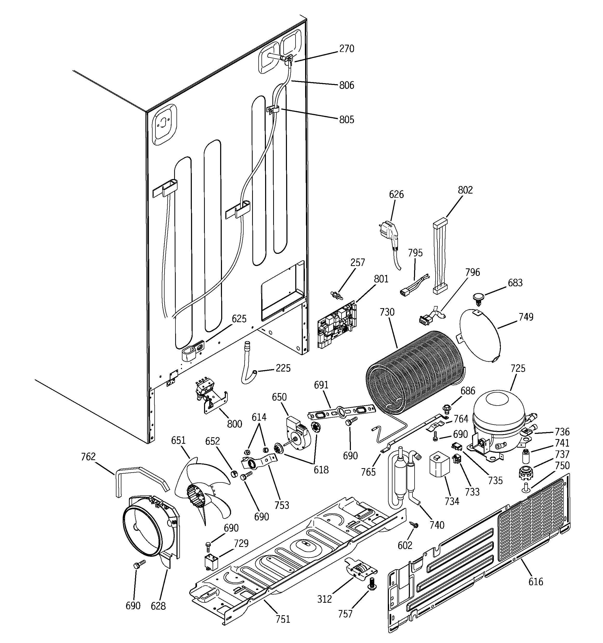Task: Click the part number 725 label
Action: [517, 368]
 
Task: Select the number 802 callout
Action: [465, 190]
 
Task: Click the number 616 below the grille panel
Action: [535, 581]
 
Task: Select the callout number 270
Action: [347, 49]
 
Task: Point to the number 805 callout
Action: [347, 120]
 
